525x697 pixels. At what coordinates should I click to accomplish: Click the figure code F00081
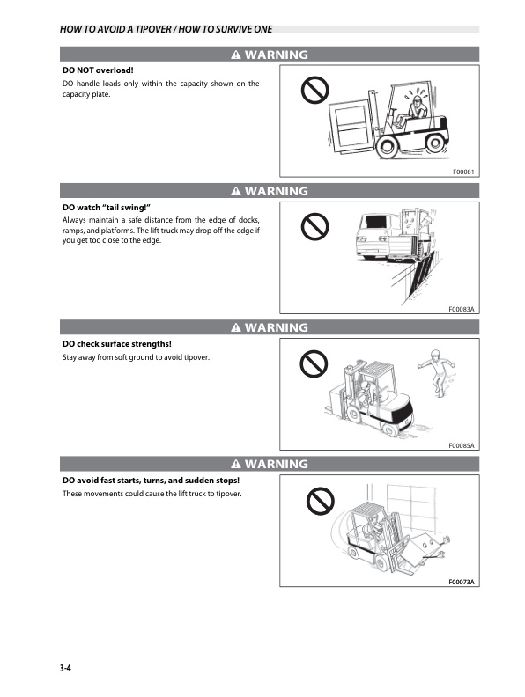click(x=462, y=172)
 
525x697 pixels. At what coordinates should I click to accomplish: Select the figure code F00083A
click(x=460, y=309)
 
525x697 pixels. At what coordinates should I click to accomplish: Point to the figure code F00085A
click(x=460, y=445)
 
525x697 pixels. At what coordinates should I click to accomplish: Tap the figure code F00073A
click(x=460, y=582)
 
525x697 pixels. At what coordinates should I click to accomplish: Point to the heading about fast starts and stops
click(x=151, y=480)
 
